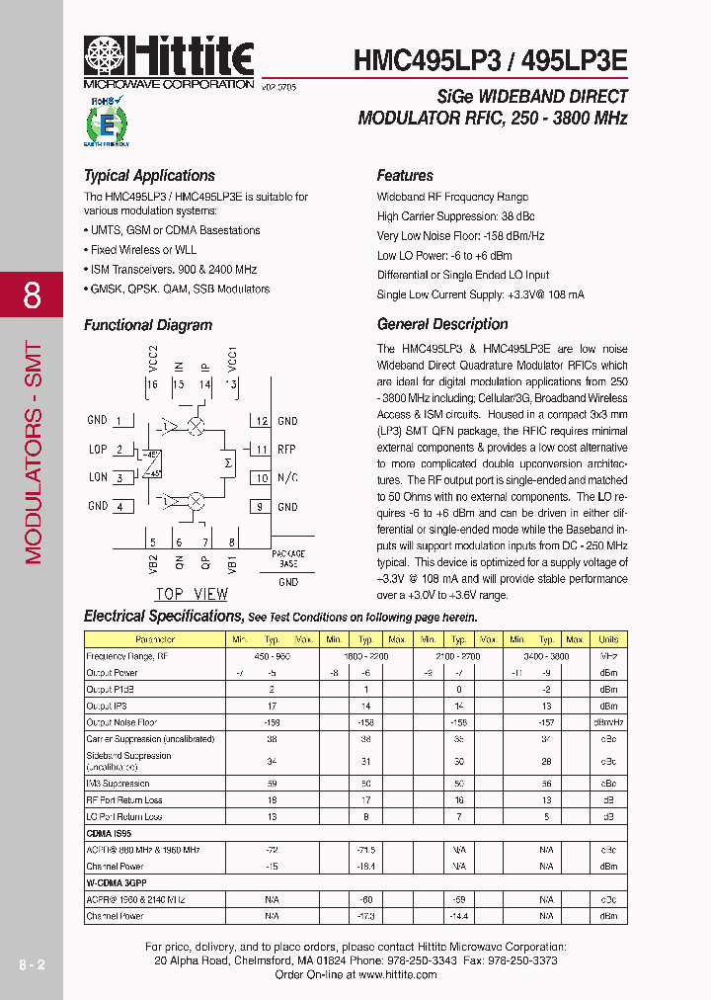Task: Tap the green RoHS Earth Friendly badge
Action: [105, 122]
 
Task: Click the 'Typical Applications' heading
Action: [149, 176]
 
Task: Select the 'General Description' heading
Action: [442, 324]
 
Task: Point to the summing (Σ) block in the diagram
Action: [228, 463]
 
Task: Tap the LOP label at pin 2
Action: [98, 450]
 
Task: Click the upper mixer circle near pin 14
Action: [197, 426]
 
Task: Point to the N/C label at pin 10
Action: [286, 478]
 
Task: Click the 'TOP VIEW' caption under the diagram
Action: [192, 594]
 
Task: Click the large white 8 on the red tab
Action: [32, 295]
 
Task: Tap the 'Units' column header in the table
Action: [608, 639]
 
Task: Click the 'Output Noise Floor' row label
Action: [121, 722]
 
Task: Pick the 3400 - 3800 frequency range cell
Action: [546, 655]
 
